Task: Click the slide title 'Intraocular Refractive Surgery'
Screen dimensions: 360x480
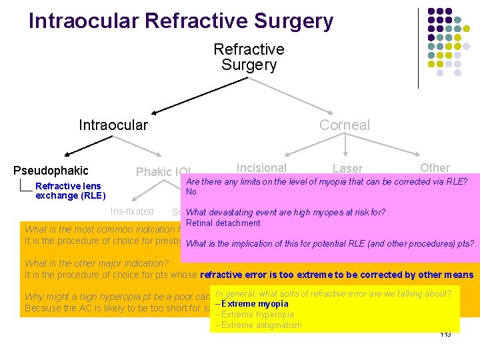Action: coord(181,21)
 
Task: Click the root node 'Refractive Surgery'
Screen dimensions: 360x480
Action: coord(249,57)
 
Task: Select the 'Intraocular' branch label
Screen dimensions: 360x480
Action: coord(113,125)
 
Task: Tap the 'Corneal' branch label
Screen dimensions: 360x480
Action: coord(344,125)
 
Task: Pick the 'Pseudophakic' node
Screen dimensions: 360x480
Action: coord(51,171)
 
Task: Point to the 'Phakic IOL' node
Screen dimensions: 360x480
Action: coord(163,172)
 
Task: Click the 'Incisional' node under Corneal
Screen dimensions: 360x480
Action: coord(261,168)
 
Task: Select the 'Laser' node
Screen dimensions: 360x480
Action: coord(347,169)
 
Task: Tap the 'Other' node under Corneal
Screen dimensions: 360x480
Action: coord(435,168)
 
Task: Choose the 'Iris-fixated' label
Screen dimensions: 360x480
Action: coord(132,211)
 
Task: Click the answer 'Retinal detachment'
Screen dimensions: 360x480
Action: coord(223,223)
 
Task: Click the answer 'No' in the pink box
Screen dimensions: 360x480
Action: coord(191,192)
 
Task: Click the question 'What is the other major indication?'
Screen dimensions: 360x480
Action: coord(97,264)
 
